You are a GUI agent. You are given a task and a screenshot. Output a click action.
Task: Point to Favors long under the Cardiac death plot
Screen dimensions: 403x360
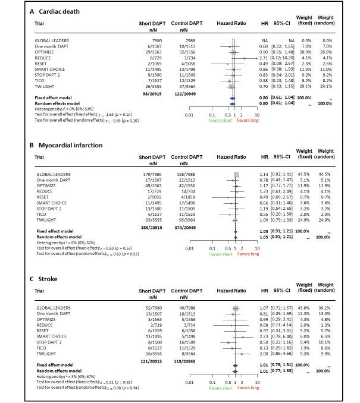[248, 119]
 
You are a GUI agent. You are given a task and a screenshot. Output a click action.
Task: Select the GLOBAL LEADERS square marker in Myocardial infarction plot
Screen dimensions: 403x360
[236, 174]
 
